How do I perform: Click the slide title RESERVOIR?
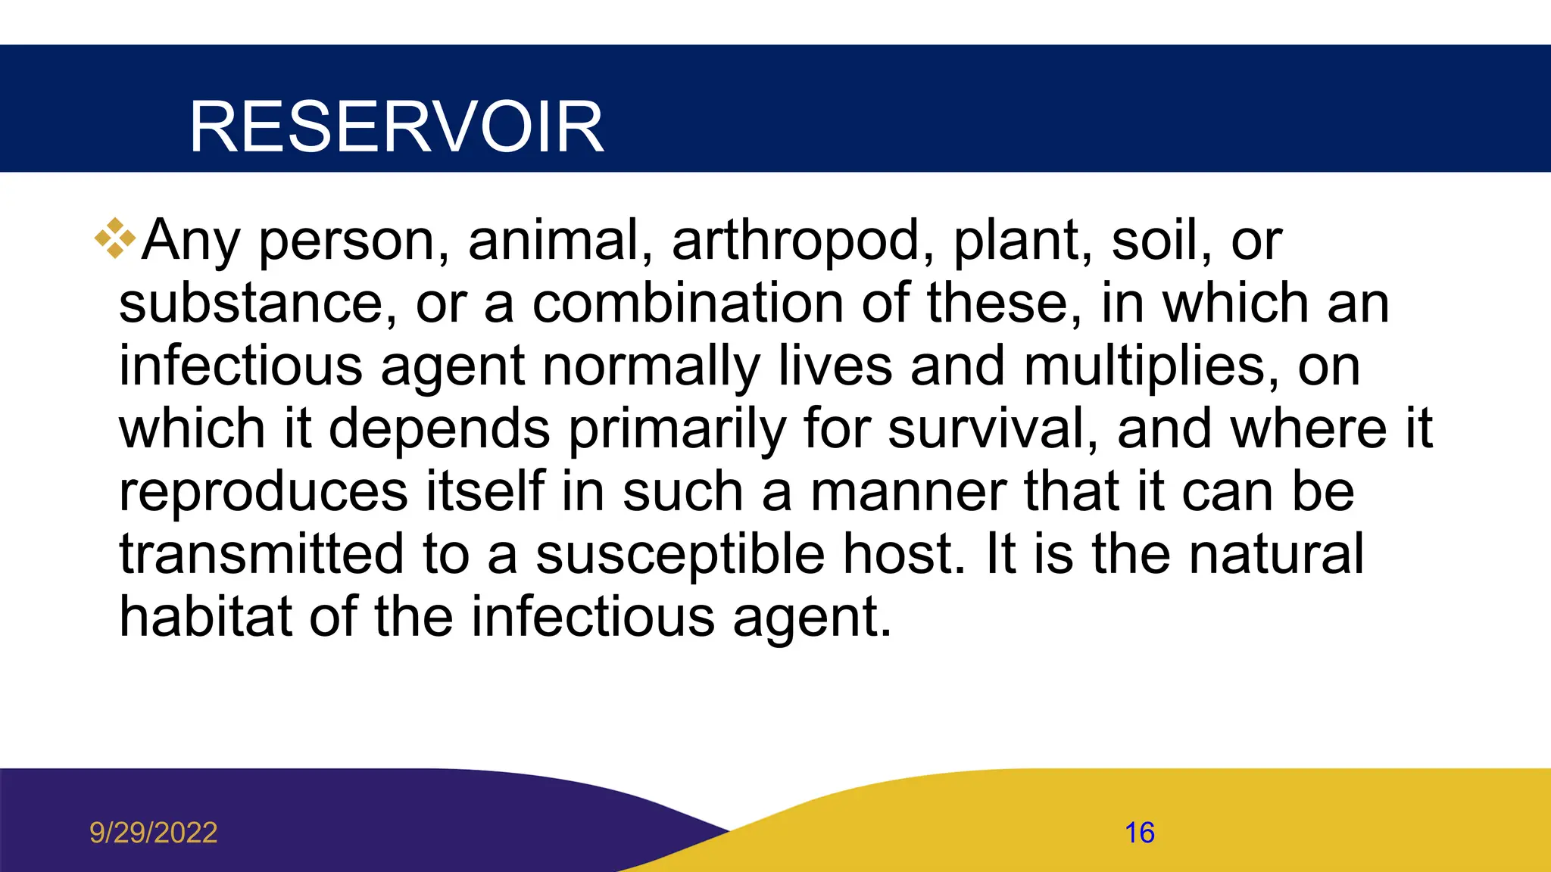point(396,127)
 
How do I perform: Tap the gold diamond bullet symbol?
point(115,238)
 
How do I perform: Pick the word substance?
point(257,304)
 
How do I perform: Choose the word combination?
point(688,304)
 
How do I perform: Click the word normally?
point(651,366)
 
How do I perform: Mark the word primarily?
point(678,429)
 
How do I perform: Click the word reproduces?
point(264,492)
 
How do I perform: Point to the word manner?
point(909,492)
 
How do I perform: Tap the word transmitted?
point(261,555)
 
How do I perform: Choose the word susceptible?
point(680,555)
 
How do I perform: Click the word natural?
point(1277,555)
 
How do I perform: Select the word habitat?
point(205,618)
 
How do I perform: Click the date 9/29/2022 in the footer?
point(154,833)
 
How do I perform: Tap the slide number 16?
point(1139,833)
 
